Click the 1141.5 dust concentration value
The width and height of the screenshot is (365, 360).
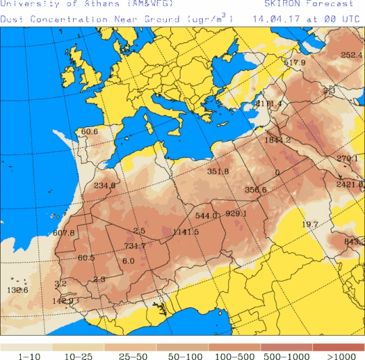pos(185,232)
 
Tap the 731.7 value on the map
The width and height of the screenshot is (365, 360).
pos(135,246)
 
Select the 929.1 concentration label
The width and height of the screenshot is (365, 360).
pos(236,213)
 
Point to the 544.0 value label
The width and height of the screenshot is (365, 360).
pos(205,216)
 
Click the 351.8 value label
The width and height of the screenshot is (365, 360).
pos(218,172)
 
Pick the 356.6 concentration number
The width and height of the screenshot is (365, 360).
pos(255,190)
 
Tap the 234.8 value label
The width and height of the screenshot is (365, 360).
pos(105,186)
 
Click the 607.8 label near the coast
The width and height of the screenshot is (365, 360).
pos(64,233)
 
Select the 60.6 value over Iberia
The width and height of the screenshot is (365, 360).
pos(90,132)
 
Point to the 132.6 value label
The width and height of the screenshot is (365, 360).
pos(18,290)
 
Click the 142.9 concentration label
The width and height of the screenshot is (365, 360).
pos(62,301)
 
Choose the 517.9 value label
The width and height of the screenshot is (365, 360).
pos(295,63)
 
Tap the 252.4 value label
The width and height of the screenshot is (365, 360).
pos(351,55)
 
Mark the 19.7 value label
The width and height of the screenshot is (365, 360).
pos(310,224)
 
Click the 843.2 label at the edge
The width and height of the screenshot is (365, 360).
pos(354,242)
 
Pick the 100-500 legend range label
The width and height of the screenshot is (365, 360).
pos(235,355)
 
